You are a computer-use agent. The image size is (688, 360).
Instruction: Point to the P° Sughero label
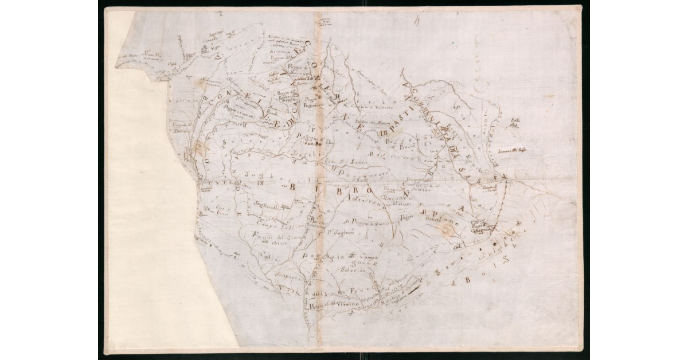click(x=339, y=233)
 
